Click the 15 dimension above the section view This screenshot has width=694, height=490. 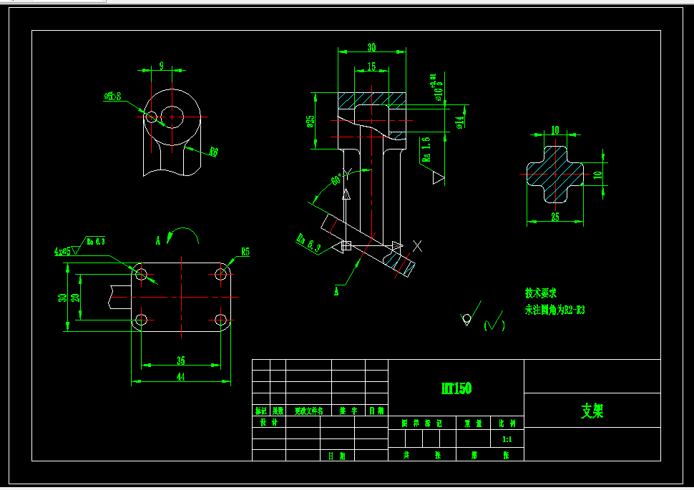tap(371, 67)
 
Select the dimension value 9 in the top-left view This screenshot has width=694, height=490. tap(161, 66)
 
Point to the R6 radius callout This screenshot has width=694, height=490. tap(213, 152)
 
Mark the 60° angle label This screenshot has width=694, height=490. tap(336, 180)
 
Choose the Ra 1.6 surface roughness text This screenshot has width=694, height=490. tap(426, 150)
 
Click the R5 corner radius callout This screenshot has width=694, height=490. tap(245, 252)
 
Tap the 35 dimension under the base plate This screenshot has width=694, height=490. tap(180, 361)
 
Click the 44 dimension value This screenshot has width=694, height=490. tap(180, 377)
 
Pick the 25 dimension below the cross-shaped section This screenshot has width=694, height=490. tap(555, 217)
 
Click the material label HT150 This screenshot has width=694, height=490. tap(456, 388)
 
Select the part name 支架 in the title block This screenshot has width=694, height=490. tap(592, 411)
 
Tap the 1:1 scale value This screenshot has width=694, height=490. tap(507, 439)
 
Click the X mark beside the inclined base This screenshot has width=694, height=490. tap(418, 246)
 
